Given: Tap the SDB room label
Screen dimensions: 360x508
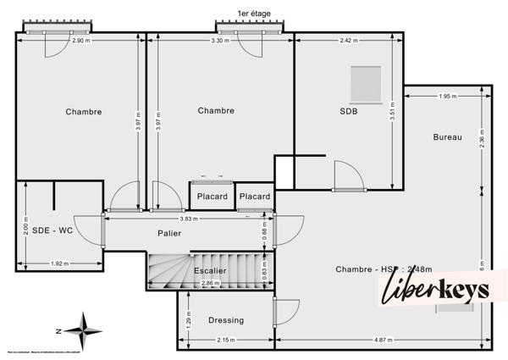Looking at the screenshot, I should (350, 111).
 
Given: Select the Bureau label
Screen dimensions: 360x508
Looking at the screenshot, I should (447, 137).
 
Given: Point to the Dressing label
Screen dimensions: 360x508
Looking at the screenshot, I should (225, 320).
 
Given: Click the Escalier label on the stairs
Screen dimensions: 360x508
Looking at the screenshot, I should (210, 270).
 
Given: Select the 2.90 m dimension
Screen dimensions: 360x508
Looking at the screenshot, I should (80, 42).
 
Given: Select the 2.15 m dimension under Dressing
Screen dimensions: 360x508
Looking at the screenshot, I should (225, 340).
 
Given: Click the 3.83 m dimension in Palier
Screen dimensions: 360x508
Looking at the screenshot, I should (189, 219).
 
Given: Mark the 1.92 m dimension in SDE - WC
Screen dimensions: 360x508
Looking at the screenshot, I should (58, 263).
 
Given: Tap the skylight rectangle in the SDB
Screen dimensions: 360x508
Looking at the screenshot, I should (367, 82).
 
